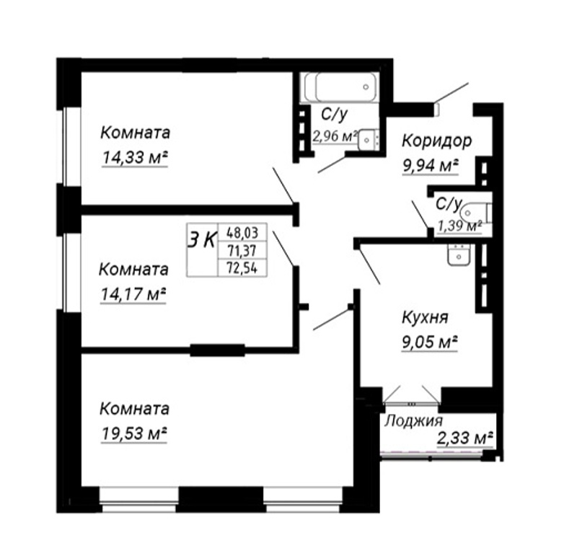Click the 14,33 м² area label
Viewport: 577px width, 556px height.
(135, 158)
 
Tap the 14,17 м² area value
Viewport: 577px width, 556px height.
(133, 294)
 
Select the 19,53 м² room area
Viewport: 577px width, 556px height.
(134, 434)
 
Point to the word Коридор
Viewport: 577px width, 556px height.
(437, 141)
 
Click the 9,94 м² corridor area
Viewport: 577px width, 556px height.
(431, 166)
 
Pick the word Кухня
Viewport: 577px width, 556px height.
(425, 318)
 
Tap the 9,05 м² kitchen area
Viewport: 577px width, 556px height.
(429, 343)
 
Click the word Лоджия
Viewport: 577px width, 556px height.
(413, 421)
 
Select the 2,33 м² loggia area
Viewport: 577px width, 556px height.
(464, 438)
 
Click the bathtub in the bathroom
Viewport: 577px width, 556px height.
(339, 87)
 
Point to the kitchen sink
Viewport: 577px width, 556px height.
(459, 254)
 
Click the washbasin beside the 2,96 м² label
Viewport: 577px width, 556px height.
(368, 139)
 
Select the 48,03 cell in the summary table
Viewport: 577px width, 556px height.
(242, 232)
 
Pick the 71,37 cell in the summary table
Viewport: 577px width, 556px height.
(242, 251)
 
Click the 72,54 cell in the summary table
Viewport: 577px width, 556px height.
(242, 268)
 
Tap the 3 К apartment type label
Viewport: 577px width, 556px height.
(202, 241)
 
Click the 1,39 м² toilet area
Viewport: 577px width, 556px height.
(459, 225)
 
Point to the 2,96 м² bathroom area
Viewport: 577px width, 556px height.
(335, 136)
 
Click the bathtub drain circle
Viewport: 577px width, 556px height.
(366, 87)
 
